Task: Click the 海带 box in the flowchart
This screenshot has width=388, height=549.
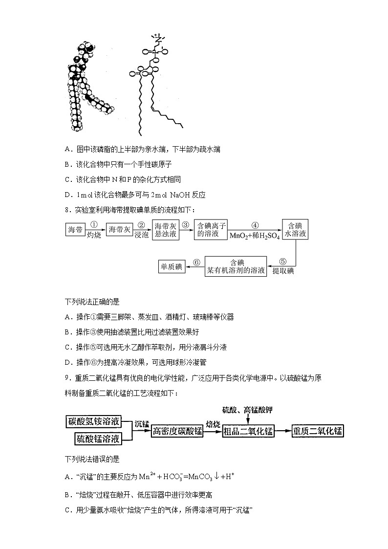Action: pyautogui.click(x=76, y=229)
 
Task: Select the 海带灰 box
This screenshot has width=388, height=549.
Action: pyautogui.click(x=120, y=229)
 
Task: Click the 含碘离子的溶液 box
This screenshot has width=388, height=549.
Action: pyautogui.click(x=212, y=229)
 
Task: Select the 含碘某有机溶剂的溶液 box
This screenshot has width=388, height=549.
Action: pyautogui.click(x=236, y=266)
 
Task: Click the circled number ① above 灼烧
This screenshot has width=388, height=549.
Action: pyautogui.click(x=94, y=225)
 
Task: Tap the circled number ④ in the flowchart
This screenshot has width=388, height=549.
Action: pyautogui.click(x=255, y=225)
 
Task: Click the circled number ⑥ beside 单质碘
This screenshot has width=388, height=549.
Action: pyautogui.click(x=196, y=263)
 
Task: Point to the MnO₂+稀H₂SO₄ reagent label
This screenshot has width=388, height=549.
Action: pyautogui.click(x=255, y=236)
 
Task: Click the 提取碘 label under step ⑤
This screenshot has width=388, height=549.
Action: pyautogui.click(x=283, y=271)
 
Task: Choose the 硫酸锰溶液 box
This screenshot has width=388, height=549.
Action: pyautogui.click(x=98, y=439)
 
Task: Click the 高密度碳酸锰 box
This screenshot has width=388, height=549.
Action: pyautogui.click(x=177, y=431)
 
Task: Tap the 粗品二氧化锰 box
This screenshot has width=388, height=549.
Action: pyautogui.click(x=248, y=431)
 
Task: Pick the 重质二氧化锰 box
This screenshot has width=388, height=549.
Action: pyautogui.click(x=318, y=431)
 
